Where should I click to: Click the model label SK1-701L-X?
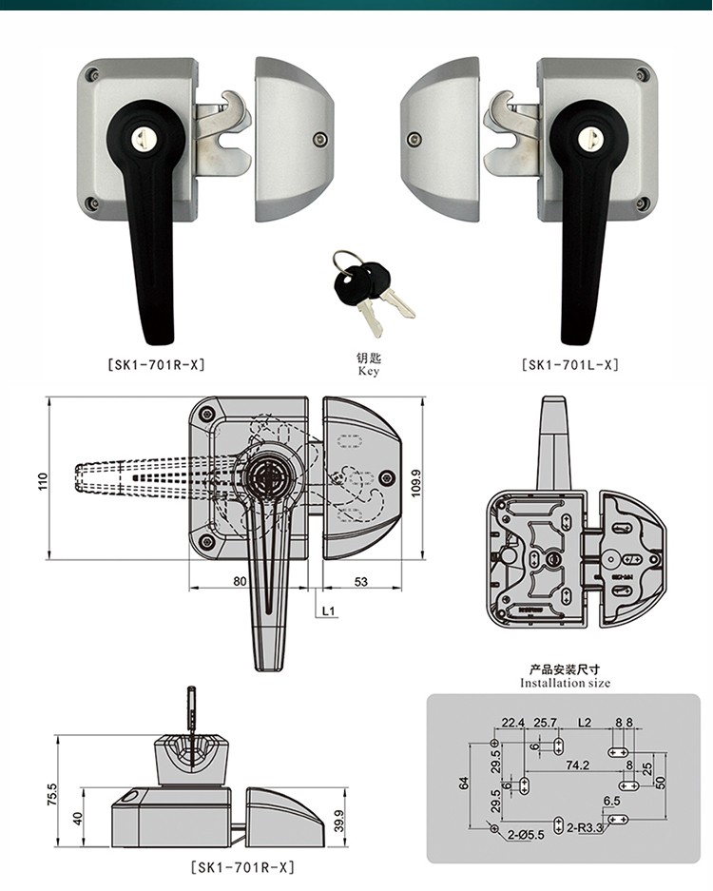(x=569, y=364)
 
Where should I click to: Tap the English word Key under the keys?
(x=369, y=372)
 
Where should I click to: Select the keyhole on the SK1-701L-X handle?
(x=587, y=138)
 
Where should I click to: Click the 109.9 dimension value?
(x=414, y=481)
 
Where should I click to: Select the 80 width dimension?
(x=240, y=581)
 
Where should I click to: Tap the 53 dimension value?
(x=361, y=581)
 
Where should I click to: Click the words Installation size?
(x=565, y=683)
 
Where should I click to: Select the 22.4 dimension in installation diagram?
(x=512, y=723)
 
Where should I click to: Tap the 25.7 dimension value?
(x=545, y=723)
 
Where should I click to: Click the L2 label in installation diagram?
(x=584, y=723)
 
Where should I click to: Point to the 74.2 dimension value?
(x=577, y=765)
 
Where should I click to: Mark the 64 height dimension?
(x=464, y=783)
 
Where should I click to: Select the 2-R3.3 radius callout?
(x=586, y=827)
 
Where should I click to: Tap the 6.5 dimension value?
(x=611, y=802)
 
